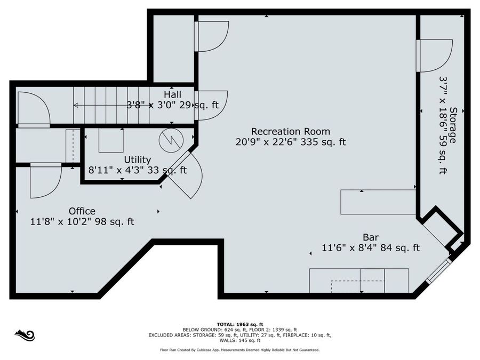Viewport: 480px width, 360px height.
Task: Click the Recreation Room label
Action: [290, 131]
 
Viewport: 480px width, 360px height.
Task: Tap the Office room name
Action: [82, 211]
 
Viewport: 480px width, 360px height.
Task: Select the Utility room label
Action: [137, 159]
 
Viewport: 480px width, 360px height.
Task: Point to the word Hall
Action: [172, 94]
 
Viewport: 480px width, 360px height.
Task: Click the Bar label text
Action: [371, 237]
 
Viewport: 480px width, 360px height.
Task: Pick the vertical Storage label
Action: [453, 125]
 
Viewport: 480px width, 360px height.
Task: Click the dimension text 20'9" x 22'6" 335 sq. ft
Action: [290, 142]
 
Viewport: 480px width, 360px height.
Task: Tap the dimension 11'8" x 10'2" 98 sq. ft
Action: [82, 222]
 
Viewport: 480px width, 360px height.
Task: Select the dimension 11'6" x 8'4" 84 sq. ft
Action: [371, 247]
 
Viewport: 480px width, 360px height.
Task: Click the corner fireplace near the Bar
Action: [442, 228]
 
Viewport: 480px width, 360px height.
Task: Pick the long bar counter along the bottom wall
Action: [358, 281]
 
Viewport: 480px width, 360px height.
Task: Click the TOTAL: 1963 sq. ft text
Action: [239, 324]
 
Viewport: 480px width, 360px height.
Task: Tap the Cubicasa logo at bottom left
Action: [25, 335]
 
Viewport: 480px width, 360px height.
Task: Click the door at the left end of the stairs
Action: [33, 109]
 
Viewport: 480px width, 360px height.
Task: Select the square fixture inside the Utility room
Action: [110, 141]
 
